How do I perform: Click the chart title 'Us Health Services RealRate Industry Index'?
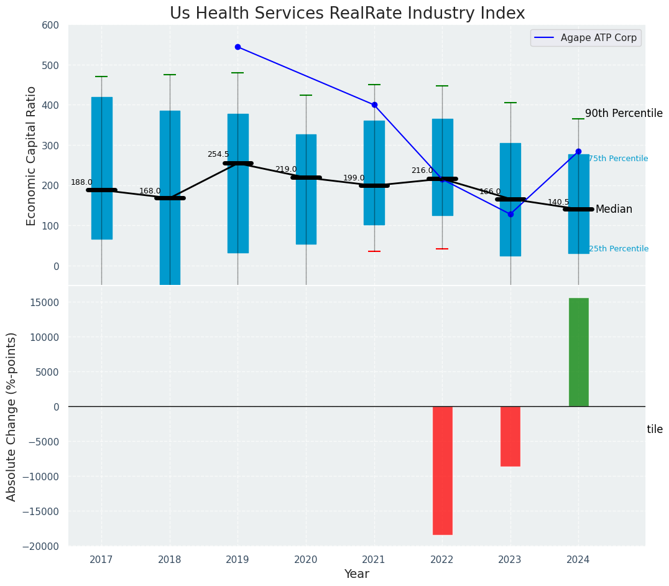[347, 14]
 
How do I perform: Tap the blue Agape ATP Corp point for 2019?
[238, 47]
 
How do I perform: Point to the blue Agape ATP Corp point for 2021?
[374, 105]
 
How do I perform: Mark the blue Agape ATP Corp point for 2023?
[510, 214]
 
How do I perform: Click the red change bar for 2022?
[443, 470]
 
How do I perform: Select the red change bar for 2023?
[510, 436]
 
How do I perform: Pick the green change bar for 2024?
[578, 352]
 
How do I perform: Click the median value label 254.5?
[218, 154]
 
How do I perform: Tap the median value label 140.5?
[558, 202]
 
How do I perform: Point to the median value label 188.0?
[81, 182]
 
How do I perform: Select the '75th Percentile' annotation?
[618, 159]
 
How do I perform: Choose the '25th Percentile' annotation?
[618, 249]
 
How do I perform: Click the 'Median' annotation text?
[614, 209]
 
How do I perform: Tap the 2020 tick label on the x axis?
[306, 559]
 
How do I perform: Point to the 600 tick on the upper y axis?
[50, 25]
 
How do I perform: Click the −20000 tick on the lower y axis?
[41, 546]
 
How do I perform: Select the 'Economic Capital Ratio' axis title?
[32, 156]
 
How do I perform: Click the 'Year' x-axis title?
[357, 574]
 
